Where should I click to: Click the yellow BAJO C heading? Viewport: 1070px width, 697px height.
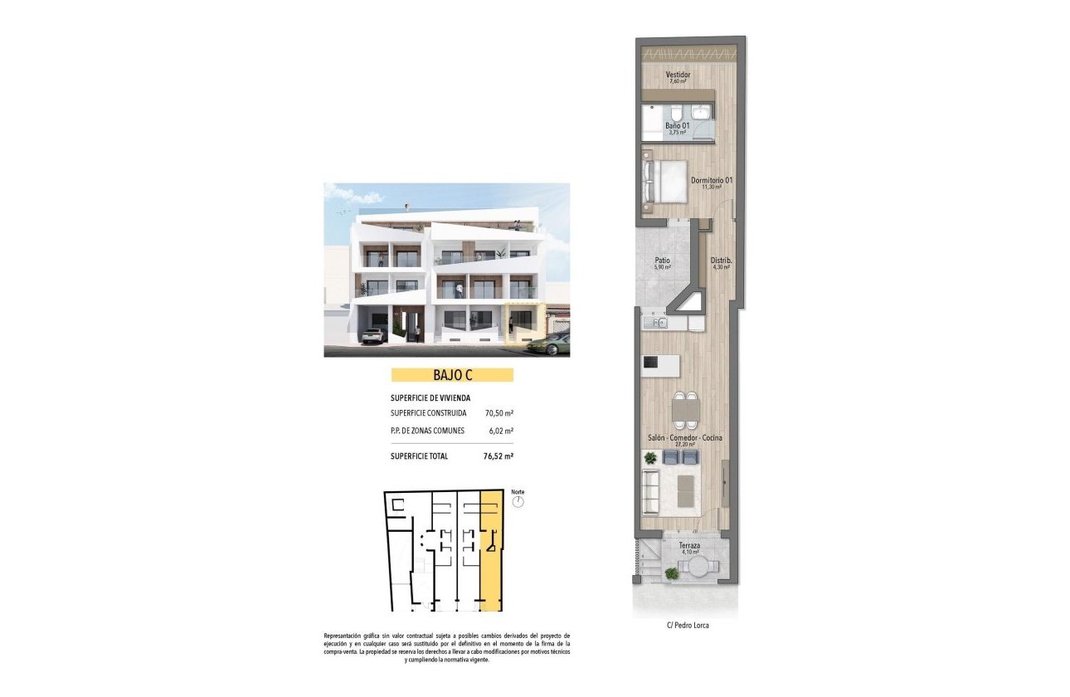(x=452, y=375)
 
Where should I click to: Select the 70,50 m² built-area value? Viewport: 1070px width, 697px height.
(x=499, y=412)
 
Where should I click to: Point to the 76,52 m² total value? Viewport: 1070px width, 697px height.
(x=499, y=456)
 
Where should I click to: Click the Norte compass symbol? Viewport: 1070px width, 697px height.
(x=518, y=502)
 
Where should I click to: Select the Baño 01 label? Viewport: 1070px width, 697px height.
(x=677, y=126)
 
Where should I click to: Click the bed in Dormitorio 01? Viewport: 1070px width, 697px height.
(x=663, y=181)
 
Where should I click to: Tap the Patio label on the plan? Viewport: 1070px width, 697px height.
(x=661, y=261)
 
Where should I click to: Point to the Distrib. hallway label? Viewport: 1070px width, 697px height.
(x=720, y=261)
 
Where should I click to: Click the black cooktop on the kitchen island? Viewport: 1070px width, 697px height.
(x=652, y=363)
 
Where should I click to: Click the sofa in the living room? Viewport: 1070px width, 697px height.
(x=651, y=491)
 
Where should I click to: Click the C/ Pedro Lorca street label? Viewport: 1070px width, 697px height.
(x=688, y=626)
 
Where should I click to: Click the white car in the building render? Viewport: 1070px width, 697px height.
(x=372, y=335)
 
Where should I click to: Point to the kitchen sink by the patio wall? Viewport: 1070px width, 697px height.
(x=659, y=322)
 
